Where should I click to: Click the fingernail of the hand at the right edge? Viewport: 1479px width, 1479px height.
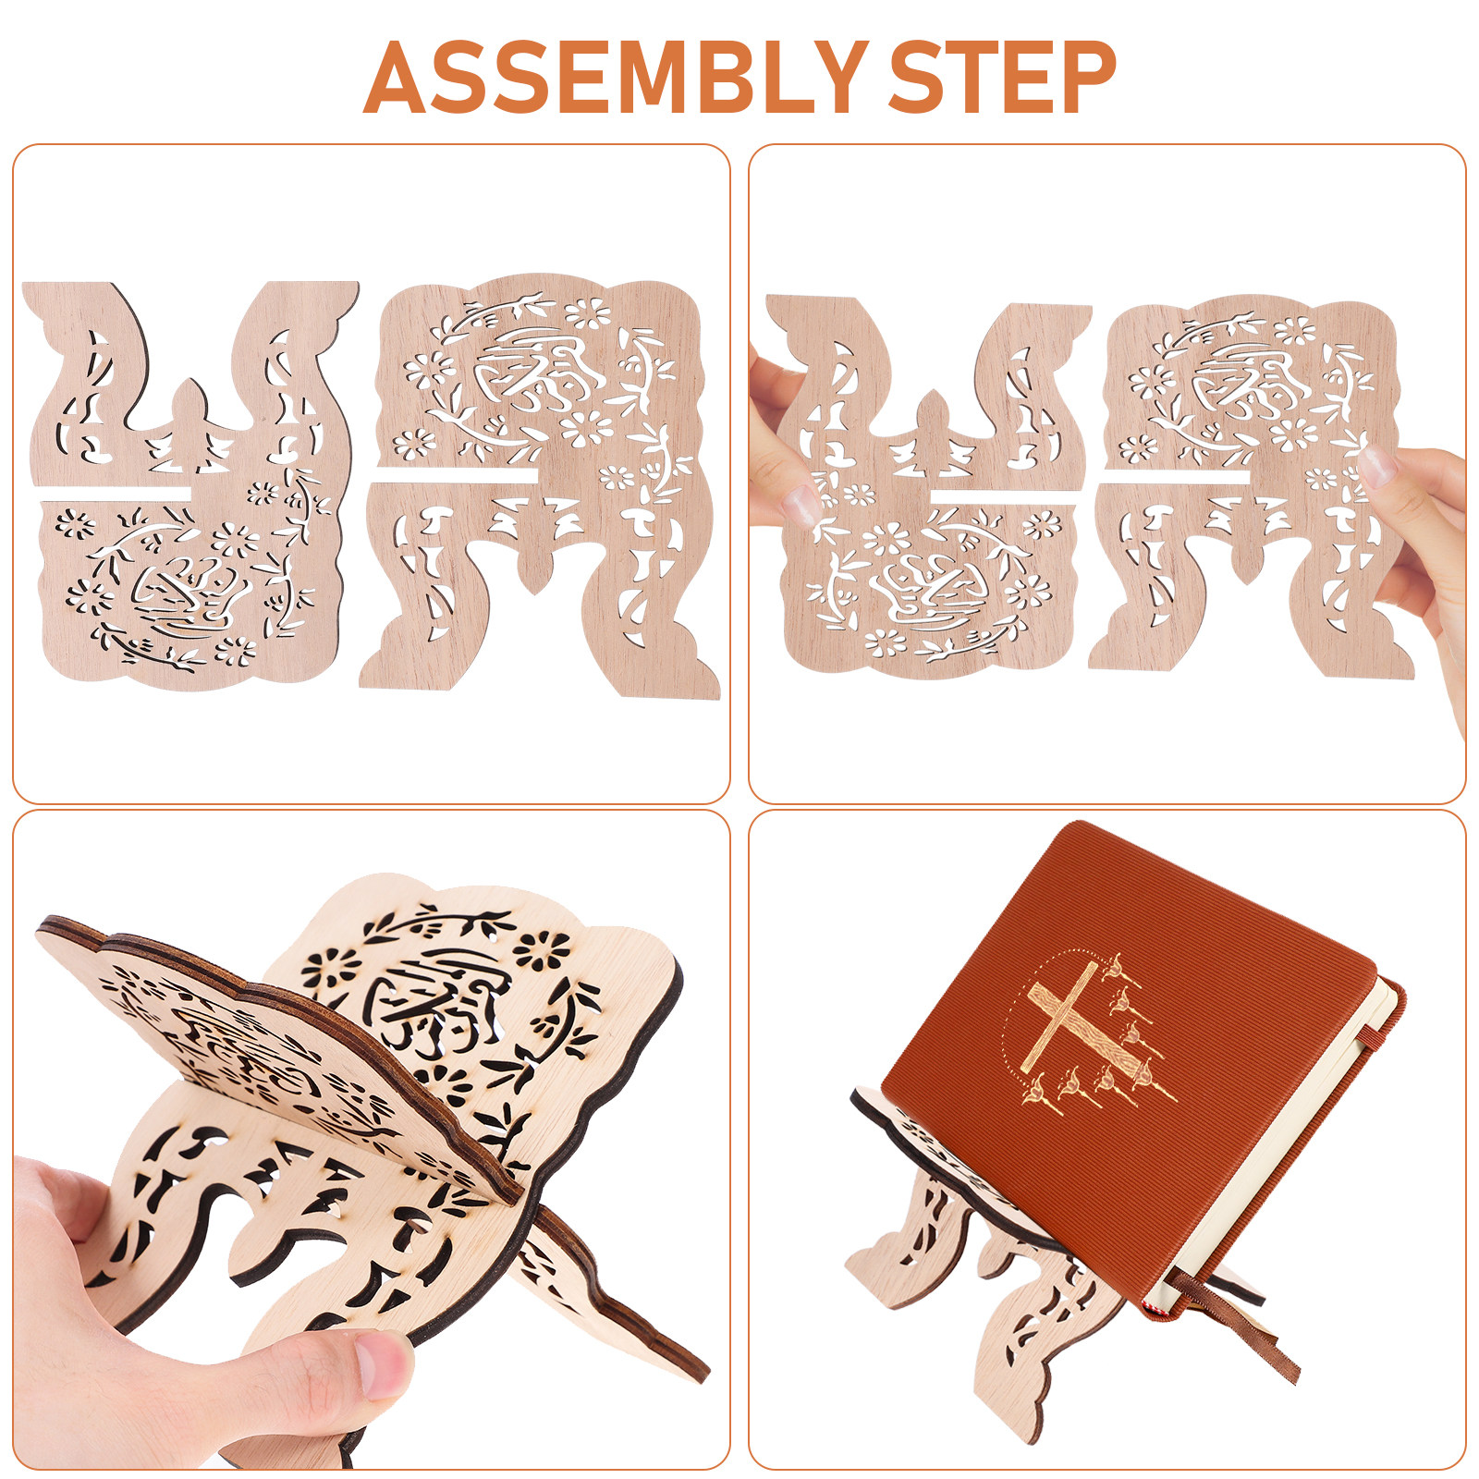[x=1377, y=466]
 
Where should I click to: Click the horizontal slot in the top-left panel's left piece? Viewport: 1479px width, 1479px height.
[x=116, y=491]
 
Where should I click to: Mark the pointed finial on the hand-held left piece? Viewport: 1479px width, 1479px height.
[x=931, y=415]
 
